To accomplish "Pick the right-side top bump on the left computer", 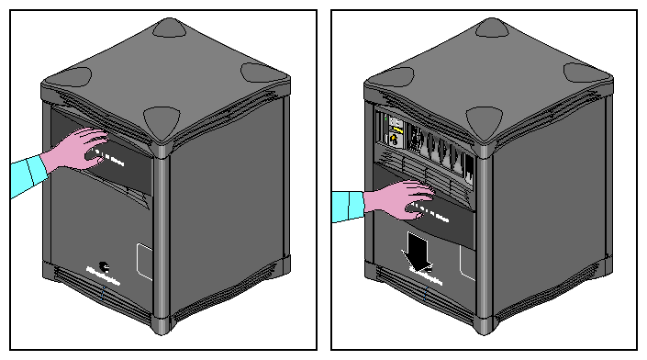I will (x=261, y=72).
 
